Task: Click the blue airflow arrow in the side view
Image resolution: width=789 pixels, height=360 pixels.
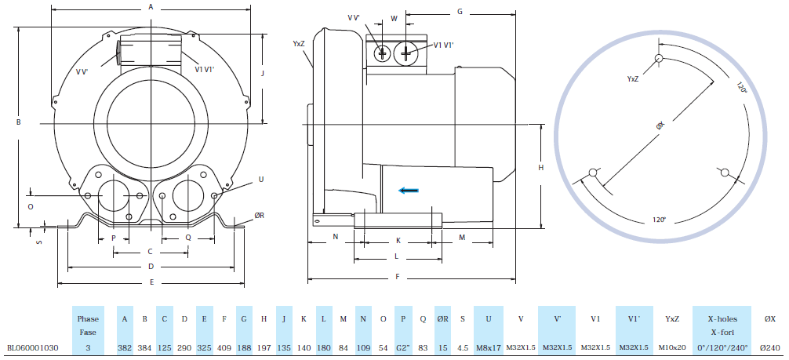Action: click(408, 189)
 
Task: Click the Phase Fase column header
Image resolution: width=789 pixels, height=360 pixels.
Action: click(87, 325)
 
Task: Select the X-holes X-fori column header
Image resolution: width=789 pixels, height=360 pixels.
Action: click(722, 325)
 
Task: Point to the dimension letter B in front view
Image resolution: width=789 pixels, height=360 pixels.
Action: click(17, 122)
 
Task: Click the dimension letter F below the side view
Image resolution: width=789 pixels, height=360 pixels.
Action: click(398, 277)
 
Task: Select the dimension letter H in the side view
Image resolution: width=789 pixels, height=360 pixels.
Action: click(540, 167)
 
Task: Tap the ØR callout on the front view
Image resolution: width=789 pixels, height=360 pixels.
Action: click(259, 215)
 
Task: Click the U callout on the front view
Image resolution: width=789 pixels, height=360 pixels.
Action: click(260, 180)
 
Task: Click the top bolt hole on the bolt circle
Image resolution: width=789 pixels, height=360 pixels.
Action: click(660, 59)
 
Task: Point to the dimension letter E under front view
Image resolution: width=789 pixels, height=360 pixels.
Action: click(151, 282)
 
